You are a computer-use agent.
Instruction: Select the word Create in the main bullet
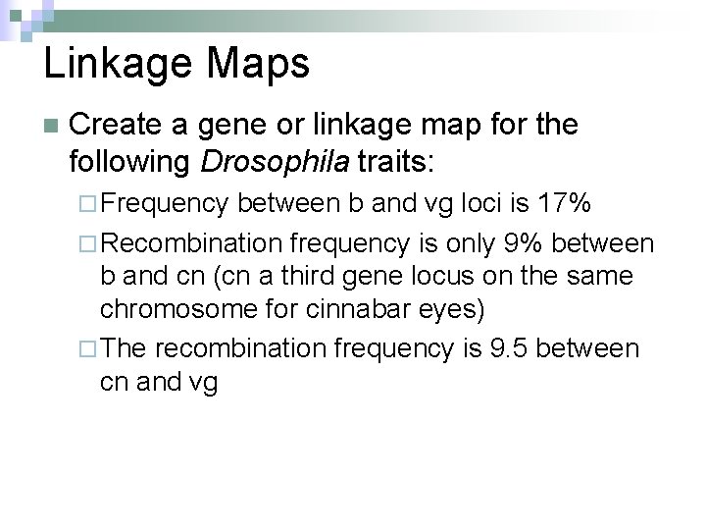pyautogui.click(x=117, y=125)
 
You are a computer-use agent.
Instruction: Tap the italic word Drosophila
pyautogui.click(x=274, y=159)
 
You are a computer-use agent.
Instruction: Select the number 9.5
pyautogui.click(x=511, y=348)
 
